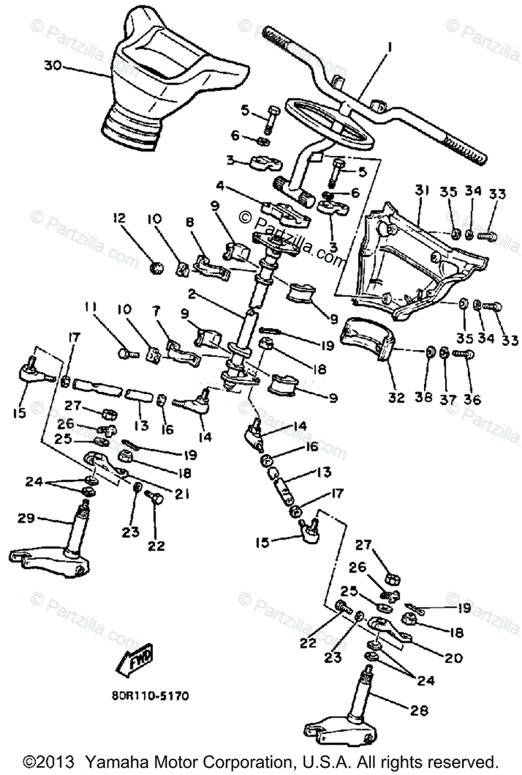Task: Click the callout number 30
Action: (x=54, y=65)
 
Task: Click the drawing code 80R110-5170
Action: (x=149, y=697)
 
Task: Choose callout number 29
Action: (x=25, y=518)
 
